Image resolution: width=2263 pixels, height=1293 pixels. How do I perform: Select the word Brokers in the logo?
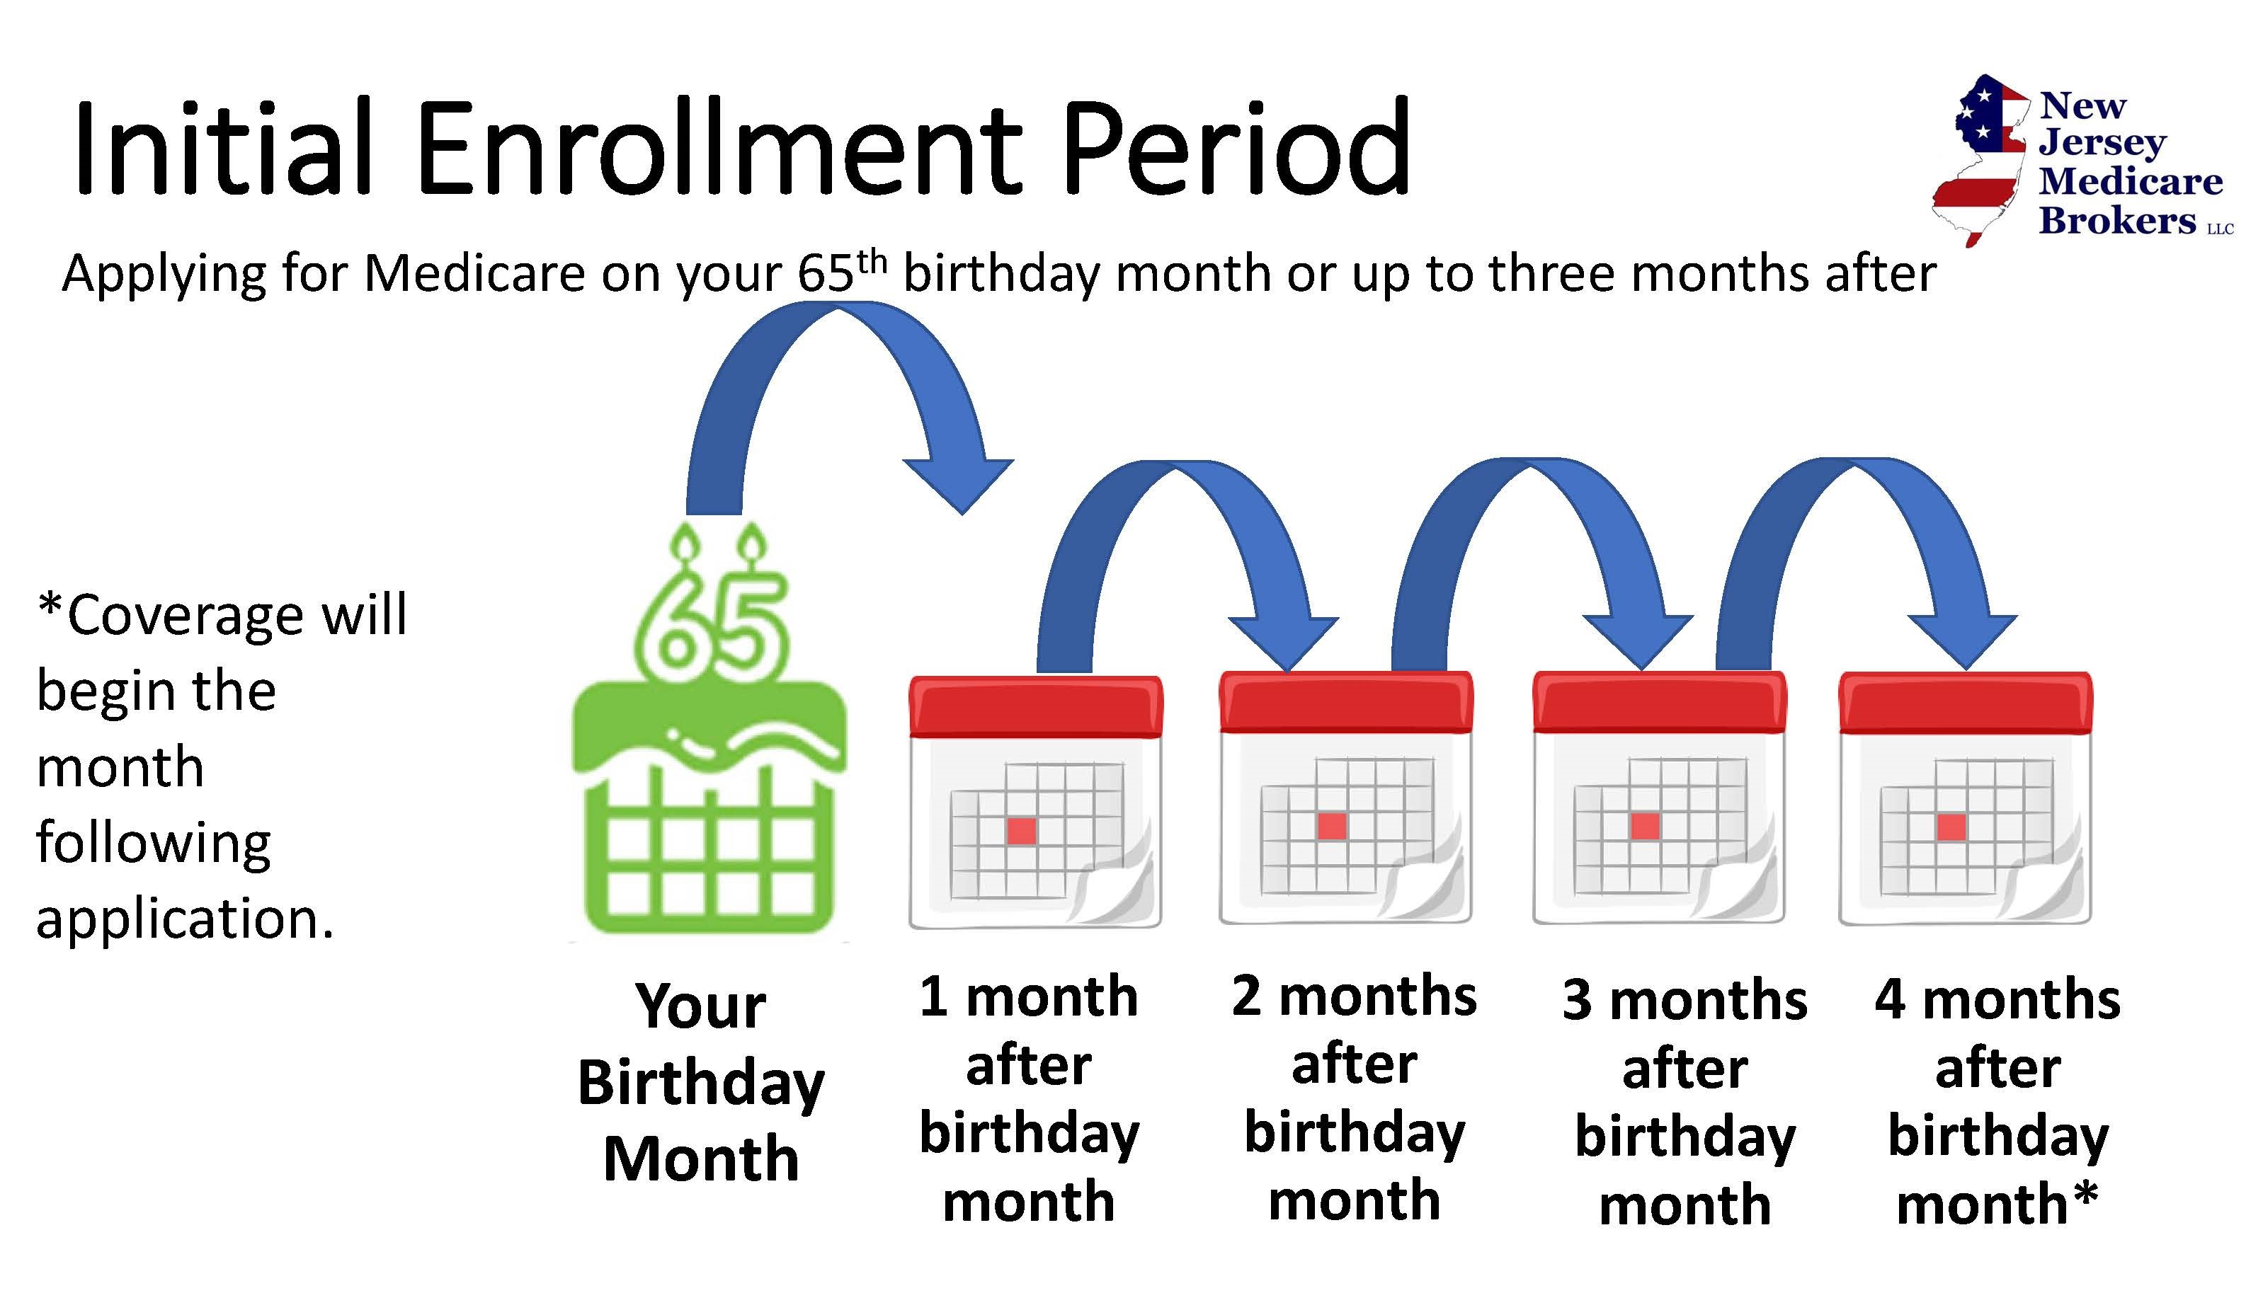tap(2116, 219)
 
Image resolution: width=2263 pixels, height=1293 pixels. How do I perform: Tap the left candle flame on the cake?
tap(686, 539)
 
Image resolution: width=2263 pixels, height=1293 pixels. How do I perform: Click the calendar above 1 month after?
tap(1035, 802)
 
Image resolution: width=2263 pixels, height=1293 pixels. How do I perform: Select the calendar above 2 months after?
tap(1346, 798)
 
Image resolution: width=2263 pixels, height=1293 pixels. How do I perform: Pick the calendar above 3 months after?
tap(1659, 798)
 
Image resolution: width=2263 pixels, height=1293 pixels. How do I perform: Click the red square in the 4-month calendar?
tap(1951, 827)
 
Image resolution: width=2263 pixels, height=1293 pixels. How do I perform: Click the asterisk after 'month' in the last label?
tap(2084, 1195)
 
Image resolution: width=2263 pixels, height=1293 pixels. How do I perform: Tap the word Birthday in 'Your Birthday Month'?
tap(701, 1084)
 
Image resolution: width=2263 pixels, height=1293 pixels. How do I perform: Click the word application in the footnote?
tap(185, 920)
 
